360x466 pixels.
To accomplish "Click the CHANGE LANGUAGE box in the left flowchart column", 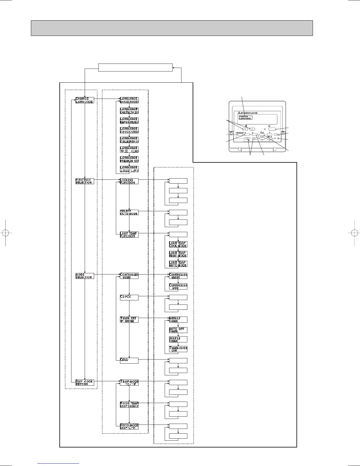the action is [x=85, y=100].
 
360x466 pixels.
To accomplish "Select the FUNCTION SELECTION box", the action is [x=85, y=181].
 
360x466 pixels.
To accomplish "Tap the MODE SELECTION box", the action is [x=85, y=276].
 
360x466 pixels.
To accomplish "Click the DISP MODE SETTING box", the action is [x=85, y=382].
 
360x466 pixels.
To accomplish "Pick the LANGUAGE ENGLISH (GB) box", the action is [x=129, y=100].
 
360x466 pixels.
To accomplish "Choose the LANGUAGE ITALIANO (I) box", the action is [x=129, y=140].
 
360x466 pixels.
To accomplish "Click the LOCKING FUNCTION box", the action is [x=129, y=181].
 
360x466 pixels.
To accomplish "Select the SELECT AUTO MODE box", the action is [x=129, y=212].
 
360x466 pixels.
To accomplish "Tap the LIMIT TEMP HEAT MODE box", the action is [x=178, y=254].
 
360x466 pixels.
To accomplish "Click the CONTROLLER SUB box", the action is [x=178, y=287].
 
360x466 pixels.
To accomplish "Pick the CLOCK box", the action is [x=129, y=297].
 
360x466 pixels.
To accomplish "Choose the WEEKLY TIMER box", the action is [x=178, y=319].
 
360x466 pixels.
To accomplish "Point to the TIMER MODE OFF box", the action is [x=178, y=349].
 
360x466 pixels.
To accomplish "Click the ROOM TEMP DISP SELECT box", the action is [x=129, y=405].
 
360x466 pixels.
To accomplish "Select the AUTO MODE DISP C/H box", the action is [x=129, y=426].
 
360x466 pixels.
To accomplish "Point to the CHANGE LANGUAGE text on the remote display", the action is [x=245, y=117].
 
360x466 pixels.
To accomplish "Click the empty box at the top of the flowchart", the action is [x=135, y=67].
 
